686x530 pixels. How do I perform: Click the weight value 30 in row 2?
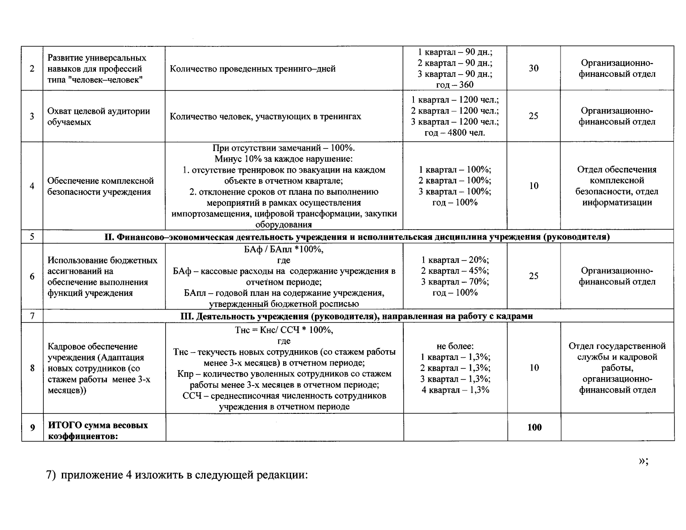point(534,68)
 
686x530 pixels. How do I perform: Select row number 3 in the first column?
point(32,116)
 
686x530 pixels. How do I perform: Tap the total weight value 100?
point(534,427)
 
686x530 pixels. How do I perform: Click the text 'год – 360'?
point(455,85)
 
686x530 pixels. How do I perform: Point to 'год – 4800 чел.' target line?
point(455,132)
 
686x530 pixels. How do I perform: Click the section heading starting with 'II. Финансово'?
point(357,237)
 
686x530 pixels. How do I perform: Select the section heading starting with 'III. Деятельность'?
point(357,316)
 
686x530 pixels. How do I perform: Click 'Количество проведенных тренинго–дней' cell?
point(253,68)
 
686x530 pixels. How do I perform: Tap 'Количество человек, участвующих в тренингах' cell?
point(265,116)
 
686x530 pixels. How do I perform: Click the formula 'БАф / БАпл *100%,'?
point(284,250)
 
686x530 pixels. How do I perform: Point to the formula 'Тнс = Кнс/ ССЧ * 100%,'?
point(284,330)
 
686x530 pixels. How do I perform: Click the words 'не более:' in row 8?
point(455,346)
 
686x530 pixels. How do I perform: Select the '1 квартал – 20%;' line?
point(455,260)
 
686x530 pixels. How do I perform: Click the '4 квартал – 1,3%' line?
point(455,390)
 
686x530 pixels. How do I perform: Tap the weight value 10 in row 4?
point(534,185)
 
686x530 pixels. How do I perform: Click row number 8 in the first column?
point(32,368)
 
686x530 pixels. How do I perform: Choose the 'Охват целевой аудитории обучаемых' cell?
point(99,117)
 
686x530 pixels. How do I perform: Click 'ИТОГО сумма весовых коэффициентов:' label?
point(98,431)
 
